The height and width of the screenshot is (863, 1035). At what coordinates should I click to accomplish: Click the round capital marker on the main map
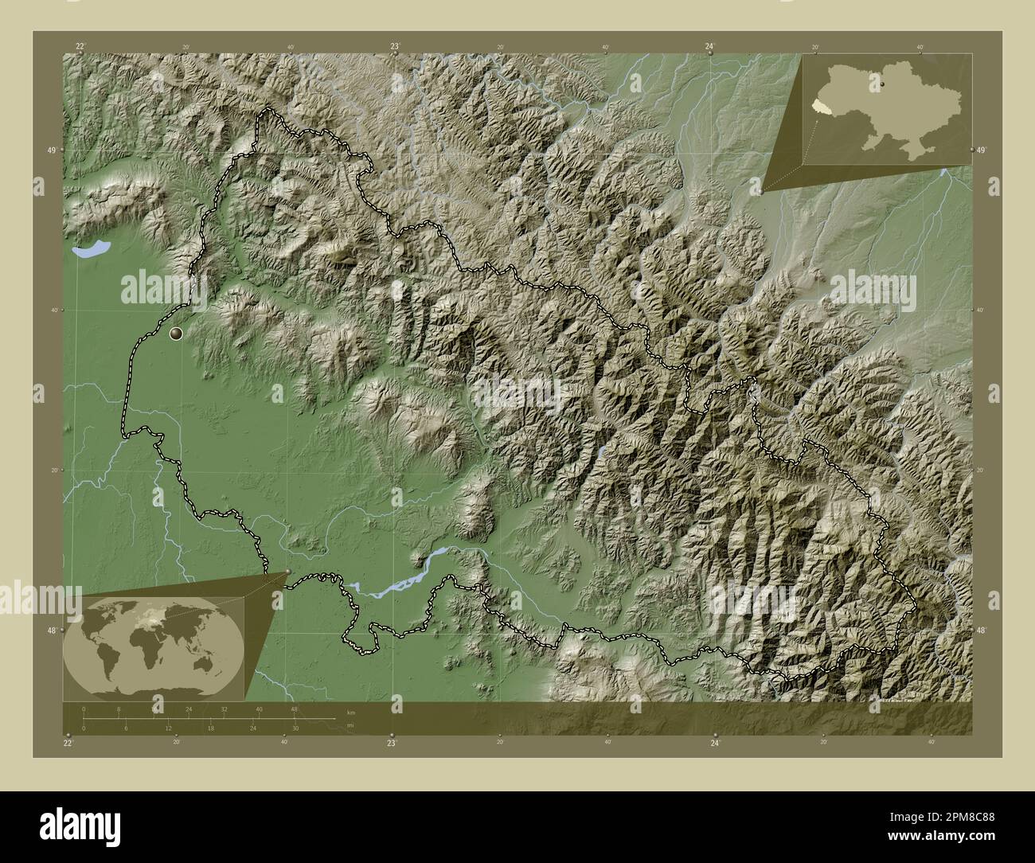[176, 334]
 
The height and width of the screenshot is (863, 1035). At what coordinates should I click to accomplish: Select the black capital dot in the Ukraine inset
[882, 81]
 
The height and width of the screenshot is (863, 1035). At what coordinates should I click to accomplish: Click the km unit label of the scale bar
[350, 712]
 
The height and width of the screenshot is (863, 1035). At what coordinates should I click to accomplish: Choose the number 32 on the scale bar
[224, 709]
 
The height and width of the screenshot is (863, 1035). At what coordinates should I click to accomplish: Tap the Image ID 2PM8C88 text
[942, 818]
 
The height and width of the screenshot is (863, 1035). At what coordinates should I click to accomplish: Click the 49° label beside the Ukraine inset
[981, 150]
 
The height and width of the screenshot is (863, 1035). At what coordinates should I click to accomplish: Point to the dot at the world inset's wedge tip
[287, 571]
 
